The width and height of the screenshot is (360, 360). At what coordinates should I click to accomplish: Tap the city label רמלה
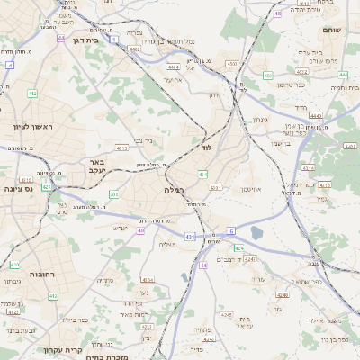(x=174, y=190)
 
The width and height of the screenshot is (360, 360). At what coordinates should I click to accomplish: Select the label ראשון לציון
(x=32, y=127)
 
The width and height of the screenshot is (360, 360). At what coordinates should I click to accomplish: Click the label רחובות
(x=17, y=274)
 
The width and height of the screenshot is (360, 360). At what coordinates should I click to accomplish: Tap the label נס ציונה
(x=17, y=188)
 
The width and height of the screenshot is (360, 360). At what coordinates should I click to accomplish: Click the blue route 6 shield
(x=230, y=231)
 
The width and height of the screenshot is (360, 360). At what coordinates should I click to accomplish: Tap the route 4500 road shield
(x=231, y=64)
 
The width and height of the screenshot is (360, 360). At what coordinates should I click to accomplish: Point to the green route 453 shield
(x=268, y=76)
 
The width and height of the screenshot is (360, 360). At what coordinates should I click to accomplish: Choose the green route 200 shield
(x=113, y=194)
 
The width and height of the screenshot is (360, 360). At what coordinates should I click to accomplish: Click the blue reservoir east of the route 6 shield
(x=256, y=233)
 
